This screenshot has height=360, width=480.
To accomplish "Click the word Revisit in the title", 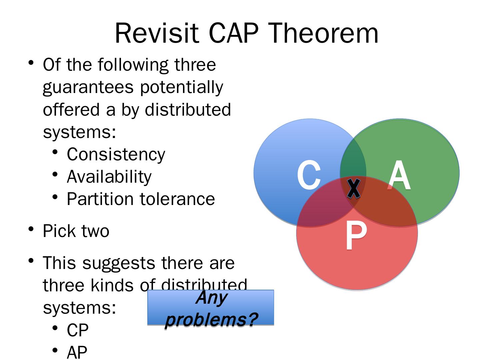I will pos(156,33).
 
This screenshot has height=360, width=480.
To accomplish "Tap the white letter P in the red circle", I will pos(356,236).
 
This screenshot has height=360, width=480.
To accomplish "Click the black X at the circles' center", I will pos(353,188).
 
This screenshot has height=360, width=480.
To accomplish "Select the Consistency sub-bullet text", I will pos(116,154).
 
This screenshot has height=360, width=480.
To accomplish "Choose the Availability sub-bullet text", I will pos(109,176).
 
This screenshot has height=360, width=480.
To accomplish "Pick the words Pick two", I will pos(76,231).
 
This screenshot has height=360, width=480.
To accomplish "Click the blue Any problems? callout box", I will pos(210,308).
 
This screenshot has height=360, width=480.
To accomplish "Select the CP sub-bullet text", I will pos(78,330).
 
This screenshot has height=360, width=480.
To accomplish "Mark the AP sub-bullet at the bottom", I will pos(77,352).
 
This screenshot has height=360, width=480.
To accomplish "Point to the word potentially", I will pos(181,87).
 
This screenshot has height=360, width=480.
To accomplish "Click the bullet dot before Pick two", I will pos(31,229).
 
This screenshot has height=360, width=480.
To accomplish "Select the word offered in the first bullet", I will pos(71,109).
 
